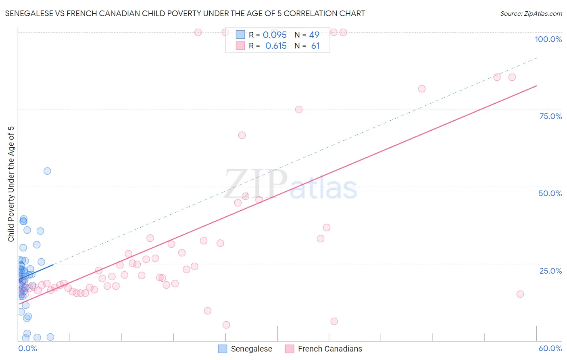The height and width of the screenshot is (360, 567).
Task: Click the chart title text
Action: click(x=185, y=13)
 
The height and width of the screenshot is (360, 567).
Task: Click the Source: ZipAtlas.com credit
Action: click(x=531, y=13)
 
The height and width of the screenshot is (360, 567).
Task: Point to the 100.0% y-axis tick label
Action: click(x=548, y=39)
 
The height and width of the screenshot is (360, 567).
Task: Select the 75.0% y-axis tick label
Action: click(x=550, y=116)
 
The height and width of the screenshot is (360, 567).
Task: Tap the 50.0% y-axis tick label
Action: click(x=550, y=193)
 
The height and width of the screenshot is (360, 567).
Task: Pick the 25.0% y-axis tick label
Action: click(x=550, y=270)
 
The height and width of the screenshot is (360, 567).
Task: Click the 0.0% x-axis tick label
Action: click(x=27, y=348)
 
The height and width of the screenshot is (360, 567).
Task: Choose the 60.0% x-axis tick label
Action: click(x=550, y=348)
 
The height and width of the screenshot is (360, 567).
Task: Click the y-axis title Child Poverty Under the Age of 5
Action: click(x=11, y=184)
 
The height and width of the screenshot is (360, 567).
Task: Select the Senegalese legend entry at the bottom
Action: click(x=245, y=349)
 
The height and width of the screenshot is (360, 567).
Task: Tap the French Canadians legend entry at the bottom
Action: click(x=324, y=349)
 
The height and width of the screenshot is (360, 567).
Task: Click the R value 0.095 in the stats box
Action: click(x=275, y=35)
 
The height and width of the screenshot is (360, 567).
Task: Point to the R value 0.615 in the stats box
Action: click(x=276, y=46)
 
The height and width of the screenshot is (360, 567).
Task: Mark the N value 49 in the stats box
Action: click(x=314, y=35)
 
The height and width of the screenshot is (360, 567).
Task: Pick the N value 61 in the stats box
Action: click(x=315, y=46)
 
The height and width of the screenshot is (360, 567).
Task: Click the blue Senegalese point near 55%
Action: click(x=47, y=171)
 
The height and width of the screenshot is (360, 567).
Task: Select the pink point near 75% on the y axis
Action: click(x=299, y=109)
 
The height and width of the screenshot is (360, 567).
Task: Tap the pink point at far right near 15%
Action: click(x=520, y=294)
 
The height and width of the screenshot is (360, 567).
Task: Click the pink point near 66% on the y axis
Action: click(x=242, y=135)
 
